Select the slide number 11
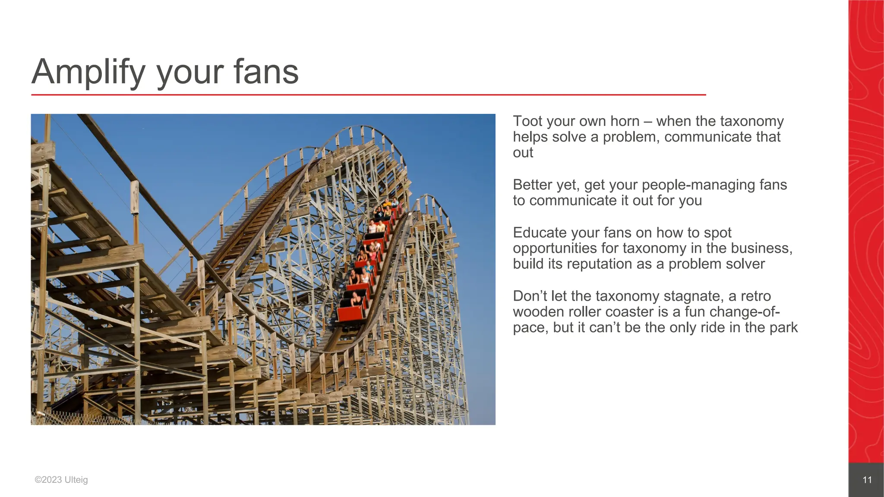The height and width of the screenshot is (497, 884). (867, 480)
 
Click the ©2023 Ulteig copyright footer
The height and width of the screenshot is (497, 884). (61, 480)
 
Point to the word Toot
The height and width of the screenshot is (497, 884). (527, 121)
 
